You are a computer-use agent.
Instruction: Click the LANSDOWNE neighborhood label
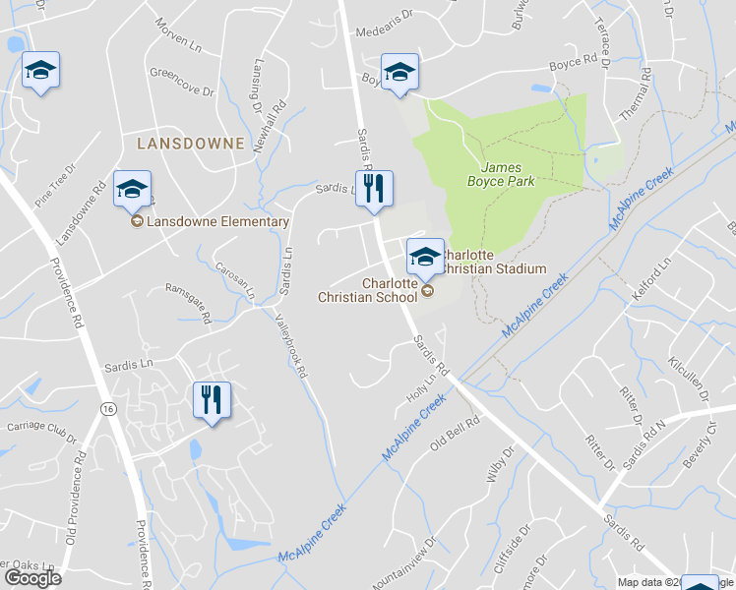(x=191, y=144)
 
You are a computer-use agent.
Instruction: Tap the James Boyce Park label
(x=501, y=174)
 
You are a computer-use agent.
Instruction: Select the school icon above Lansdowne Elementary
(x=132, y=188)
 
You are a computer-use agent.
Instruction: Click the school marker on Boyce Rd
(x=399, y=72)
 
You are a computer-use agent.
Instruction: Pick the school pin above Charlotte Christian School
(x=425, y=257)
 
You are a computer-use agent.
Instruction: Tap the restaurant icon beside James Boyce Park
(x=374, y=189)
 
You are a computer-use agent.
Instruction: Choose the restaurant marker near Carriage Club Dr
(x=212, y=400)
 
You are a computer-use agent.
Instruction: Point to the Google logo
(x=32, y=577)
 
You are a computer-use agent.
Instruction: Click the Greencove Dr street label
(x=181, y=81)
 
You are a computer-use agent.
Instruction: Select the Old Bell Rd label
(x=454, y=434)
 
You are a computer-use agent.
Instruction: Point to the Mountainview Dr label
(x=403, y=565)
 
